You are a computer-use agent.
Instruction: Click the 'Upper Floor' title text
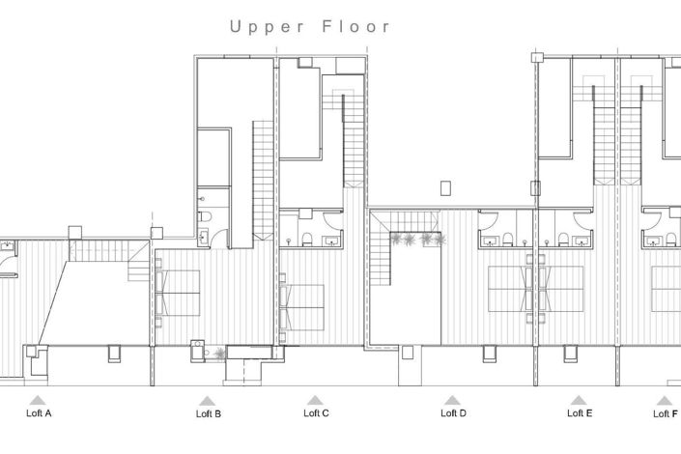(x=310, y=27)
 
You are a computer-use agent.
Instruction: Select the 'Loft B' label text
(x=208, y=414)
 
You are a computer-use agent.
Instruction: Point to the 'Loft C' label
(x=316, y=413)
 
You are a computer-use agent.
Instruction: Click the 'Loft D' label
(x=453, y=413)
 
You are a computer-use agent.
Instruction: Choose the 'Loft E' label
(x=580, y=413)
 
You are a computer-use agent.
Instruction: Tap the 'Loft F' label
(x=664, y=413)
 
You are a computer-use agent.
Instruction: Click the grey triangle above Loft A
(x=37, y=399)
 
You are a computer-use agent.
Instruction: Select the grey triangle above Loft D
(x=452, y=399)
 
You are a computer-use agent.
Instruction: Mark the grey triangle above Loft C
(x=315, y=399)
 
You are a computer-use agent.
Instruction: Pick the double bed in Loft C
(x=301, y=305)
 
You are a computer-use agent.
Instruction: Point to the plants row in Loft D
(x=415, y=239)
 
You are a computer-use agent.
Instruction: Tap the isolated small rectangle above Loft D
(x=444, y=187)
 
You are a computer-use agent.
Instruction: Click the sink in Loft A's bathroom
(x=7, y=246)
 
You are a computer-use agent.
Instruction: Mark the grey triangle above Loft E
(x=578, y=399)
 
